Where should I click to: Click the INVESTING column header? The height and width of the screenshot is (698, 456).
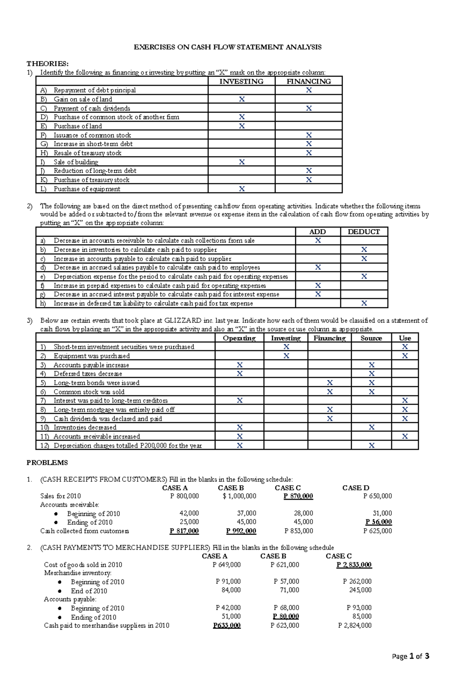click(241, 81)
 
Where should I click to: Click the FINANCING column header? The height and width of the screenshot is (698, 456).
click(309, 81)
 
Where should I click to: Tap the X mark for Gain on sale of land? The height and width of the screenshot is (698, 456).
click(242, 99)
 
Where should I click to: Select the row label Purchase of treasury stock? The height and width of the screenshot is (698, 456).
click(91, 180)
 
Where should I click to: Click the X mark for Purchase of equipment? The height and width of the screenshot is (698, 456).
click(242, 189)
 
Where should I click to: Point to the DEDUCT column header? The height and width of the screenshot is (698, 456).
click(364, 232)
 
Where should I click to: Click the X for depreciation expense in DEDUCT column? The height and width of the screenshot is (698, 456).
click(364, 277)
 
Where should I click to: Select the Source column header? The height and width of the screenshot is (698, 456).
click(371, 338)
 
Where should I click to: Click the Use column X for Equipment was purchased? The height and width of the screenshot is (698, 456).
click(405, 356)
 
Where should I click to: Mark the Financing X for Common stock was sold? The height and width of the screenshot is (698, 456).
click(329, 392)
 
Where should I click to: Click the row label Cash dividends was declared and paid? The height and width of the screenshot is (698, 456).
click(108, 419)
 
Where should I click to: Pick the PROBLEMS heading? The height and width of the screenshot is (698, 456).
click(47, 463)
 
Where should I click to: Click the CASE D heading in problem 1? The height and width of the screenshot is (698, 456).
click(355, 488)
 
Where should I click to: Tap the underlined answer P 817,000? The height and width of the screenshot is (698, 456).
click(184, 531)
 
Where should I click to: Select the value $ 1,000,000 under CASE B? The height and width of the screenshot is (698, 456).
click(239, 496)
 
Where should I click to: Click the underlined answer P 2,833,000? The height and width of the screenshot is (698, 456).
click(354, 565)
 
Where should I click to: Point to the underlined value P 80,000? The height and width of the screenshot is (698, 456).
click(286, 617)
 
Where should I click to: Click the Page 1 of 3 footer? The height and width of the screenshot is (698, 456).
click(410, 656)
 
